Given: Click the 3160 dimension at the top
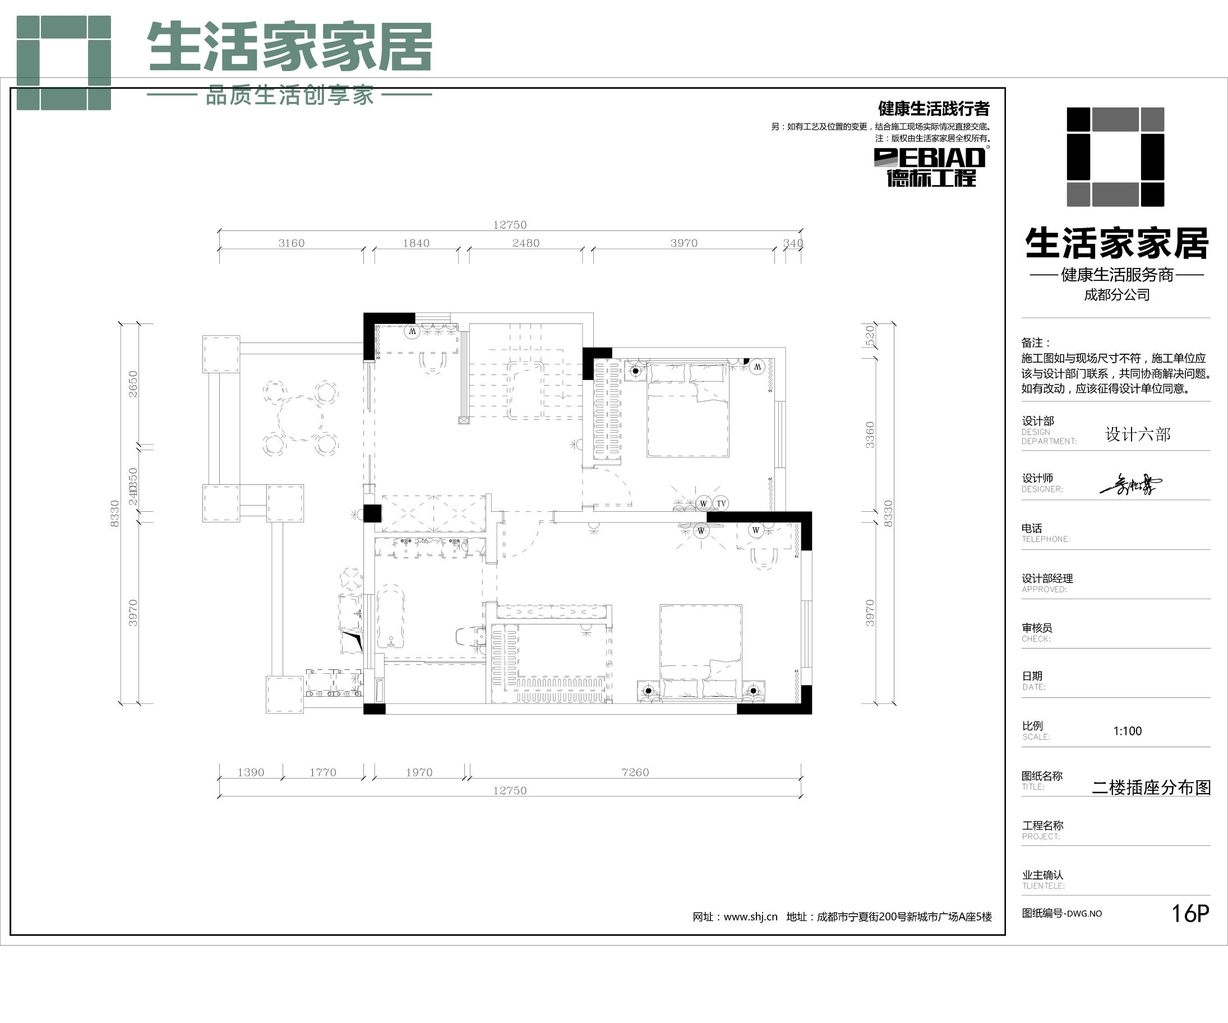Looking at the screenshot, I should [291, 243].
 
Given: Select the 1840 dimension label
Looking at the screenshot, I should [416, 243].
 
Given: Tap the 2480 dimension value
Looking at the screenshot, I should [526, 243].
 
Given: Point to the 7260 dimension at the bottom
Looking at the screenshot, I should [635, 772].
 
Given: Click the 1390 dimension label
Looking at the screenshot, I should [251, 772].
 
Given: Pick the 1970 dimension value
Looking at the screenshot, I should [419, 772].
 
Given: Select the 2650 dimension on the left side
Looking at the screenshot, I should [133, 384].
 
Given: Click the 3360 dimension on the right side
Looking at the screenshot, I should [870, 435].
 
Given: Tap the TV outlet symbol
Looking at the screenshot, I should [721, 503].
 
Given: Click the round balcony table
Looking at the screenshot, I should [301, 419].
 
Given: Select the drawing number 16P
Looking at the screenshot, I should [1190, 913].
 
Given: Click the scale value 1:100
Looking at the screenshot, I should [1127, 731].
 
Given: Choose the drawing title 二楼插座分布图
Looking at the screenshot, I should [1151, 788].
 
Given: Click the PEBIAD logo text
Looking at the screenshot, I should [930, 158].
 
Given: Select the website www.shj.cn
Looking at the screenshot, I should [750, 916].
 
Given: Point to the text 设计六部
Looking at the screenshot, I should [1137, 434].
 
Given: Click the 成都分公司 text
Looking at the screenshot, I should [1116, 295].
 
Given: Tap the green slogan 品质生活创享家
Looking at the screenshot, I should [289, 95].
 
